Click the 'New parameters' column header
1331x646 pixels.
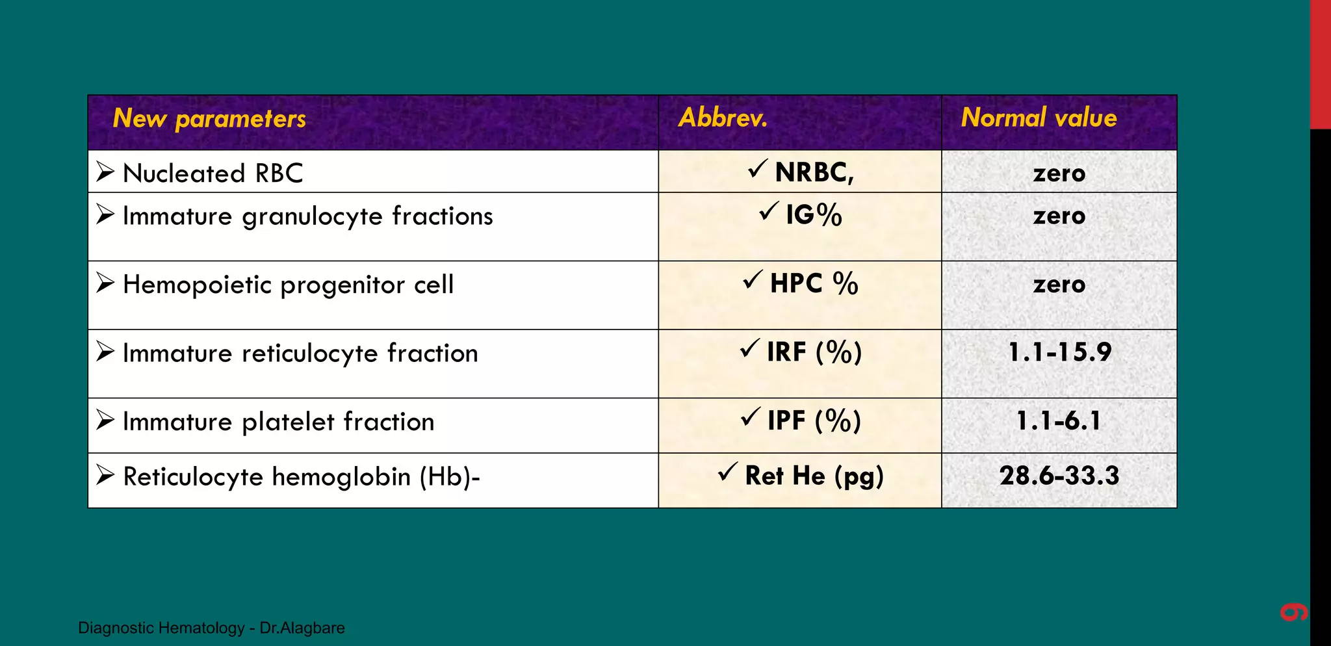pos(209,119)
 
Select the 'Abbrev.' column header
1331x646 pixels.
pos(723,118)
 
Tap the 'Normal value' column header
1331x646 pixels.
pos(1039,118)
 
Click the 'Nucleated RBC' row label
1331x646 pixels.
pos(213,174)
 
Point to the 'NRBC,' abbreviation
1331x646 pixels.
pos(814,172)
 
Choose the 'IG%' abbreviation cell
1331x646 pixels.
pos(813,215)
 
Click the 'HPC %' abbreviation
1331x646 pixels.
pos(814,284)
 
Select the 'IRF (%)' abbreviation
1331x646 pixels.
pos(814,352)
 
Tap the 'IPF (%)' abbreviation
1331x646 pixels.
pos(814,421)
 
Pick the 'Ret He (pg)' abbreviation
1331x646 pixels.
pos(814,476)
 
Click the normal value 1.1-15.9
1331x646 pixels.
pos(1059,352)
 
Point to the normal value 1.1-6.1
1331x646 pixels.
pos(1059,421)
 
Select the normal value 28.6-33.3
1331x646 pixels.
pos(1059,476)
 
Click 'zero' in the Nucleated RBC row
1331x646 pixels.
pos(1059,174)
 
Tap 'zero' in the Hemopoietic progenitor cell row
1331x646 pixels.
pos(1059,285)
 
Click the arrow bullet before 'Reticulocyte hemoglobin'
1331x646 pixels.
pos(105,475)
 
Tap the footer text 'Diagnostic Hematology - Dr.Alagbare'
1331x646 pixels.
pos(211,628)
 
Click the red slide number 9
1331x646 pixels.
pos(1293,612)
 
